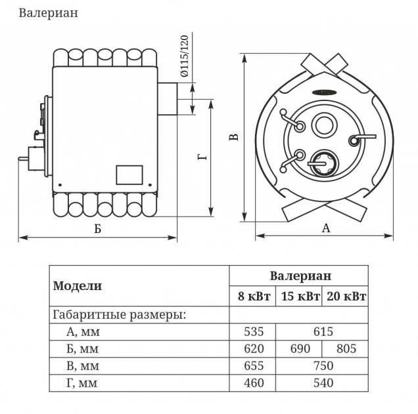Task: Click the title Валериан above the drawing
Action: click(48, 14)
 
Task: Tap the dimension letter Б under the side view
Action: click(97, 229)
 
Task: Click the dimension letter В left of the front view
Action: click(233, 136)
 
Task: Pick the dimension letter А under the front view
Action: click(325, 228)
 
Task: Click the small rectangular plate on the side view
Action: click(129, 175)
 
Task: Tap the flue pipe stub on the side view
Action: click(169, 98)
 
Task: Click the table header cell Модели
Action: click(78, 285)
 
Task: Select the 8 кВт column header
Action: click(253, 297)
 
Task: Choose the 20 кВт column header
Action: click(345, 297)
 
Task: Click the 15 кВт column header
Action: click(299, 297)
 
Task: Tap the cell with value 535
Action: click(253, 331)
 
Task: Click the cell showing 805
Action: click(345, 348)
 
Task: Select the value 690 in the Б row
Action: click(299, 348)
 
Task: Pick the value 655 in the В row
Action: click(253, 365)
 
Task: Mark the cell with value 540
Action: click(322, 383)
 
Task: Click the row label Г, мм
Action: click(81, 383)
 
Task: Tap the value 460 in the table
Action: click(253, 383)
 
